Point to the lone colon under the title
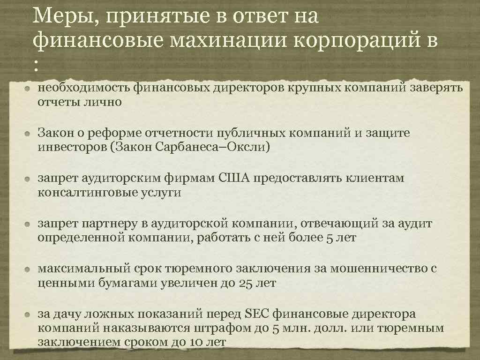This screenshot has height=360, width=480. (x=36, y=66)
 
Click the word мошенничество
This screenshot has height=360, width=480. (x=381, y=269)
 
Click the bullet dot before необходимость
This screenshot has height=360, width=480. (x=29, y=88)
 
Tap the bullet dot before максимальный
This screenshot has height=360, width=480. (x=29, y=269)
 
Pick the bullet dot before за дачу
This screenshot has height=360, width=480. (x=29, y=315)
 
